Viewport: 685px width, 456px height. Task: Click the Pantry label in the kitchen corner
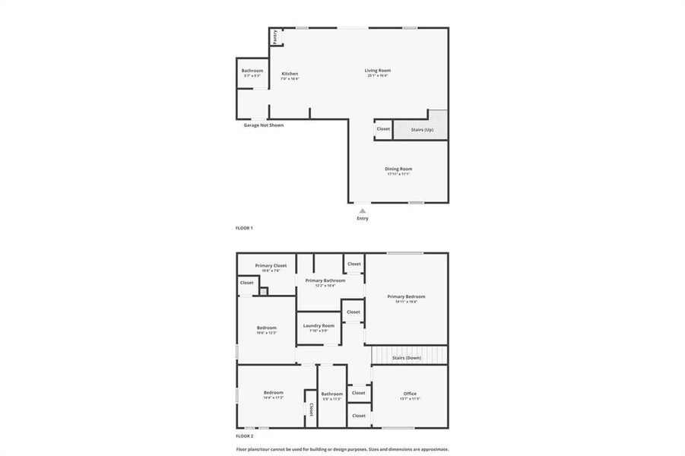pos(275,36)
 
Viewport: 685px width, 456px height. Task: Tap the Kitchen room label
pos(290,74)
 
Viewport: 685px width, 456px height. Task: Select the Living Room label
pos(378,71)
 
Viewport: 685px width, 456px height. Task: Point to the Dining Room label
pos(398,169)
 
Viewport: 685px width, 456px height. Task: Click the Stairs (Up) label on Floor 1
pos(423,129)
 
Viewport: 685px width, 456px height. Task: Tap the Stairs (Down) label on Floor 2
pos(407,357)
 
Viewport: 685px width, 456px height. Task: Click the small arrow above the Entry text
pos(363,210)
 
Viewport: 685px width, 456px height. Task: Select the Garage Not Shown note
pos(264,125)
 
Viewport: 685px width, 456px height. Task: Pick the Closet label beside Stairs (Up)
pos(383,128)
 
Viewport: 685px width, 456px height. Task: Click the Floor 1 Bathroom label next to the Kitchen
pos(252,71)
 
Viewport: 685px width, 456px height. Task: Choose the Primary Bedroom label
pos(406,296)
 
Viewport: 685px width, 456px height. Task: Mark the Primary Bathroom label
pos(325,280)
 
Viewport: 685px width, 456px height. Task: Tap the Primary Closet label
pos(271,265)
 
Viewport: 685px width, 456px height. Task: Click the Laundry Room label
pos(319,325)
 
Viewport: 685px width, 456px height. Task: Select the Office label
pos(410,394)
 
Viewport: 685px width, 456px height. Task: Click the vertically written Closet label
pos(312,410)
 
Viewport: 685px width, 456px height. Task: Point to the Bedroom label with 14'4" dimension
pos(274,393)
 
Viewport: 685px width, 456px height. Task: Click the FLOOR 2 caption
pos(245,436)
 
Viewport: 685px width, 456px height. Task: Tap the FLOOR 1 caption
pos(244,228)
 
